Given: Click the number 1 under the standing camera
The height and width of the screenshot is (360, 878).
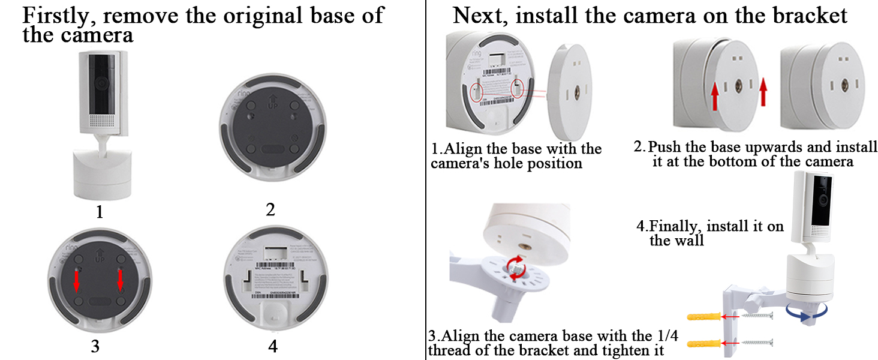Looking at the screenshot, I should [x=100, y=212].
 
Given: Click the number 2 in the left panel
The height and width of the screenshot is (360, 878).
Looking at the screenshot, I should [x=270, y=209].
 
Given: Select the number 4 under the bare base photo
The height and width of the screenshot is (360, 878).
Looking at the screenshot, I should [x=273, y=346].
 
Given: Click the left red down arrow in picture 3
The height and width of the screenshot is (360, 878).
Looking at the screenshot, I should [x=77, y=280].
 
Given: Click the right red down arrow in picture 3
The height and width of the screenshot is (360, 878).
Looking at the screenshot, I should [x=120, y=280].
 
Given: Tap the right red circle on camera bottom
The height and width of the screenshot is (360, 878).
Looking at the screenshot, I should [x=519, y=89].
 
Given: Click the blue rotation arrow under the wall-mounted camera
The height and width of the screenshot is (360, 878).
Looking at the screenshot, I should [x=806, y=310].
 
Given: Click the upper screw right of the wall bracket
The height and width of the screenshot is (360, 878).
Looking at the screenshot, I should [x=759, y=317].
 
